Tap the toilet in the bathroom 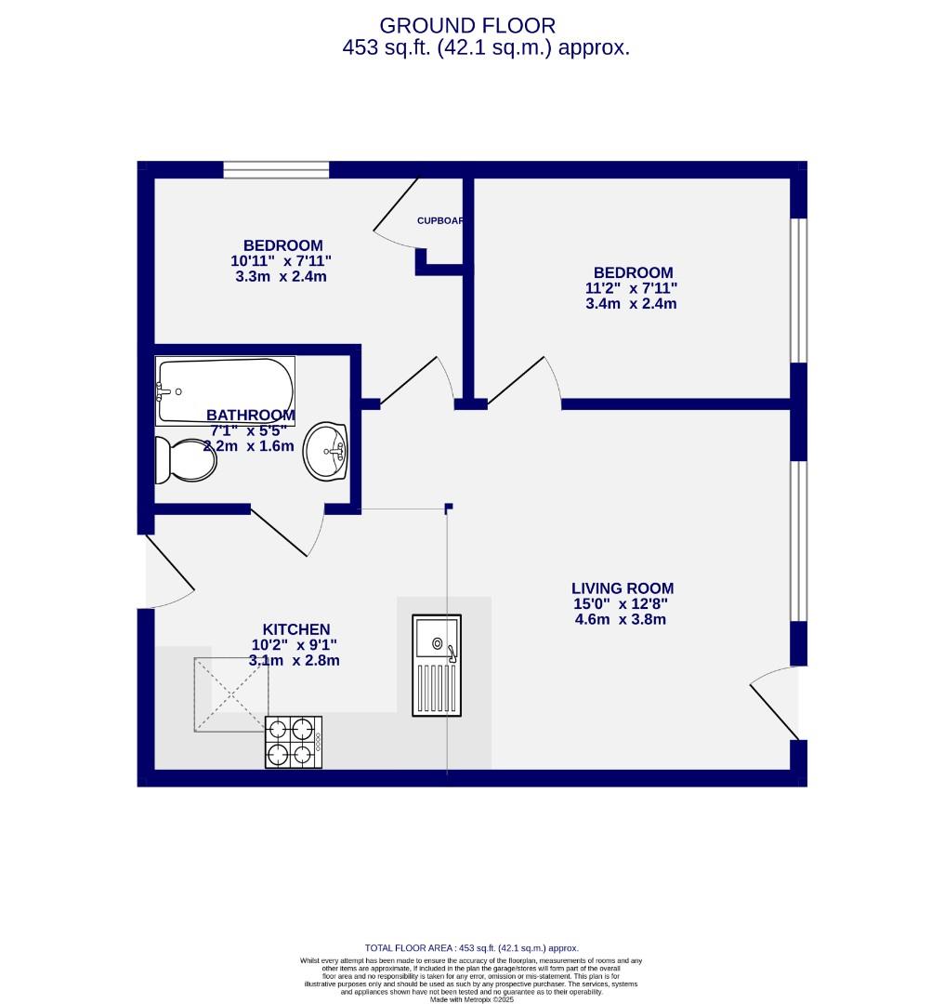tap(184, 460)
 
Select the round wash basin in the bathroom tap(325, 452)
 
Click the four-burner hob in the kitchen tap(294, 742)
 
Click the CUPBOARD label tap(440, 221)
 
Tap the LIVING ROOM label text tap(622, 588)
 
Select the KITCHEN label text tap(295, 629)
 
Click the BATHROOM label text tap(251, 416)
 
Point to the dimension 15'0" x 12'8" tap(621, 604)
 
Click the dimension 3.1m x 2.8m tap(294, 661)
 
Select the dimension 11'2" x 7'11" tap(624, 288)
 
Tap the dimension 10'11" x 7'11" tap(281, 261)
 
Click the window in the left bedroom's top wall tap(276, 169)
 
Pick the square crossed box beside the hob tap(231, 694)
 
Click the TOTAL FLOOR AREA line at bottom tap(471, 948)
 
